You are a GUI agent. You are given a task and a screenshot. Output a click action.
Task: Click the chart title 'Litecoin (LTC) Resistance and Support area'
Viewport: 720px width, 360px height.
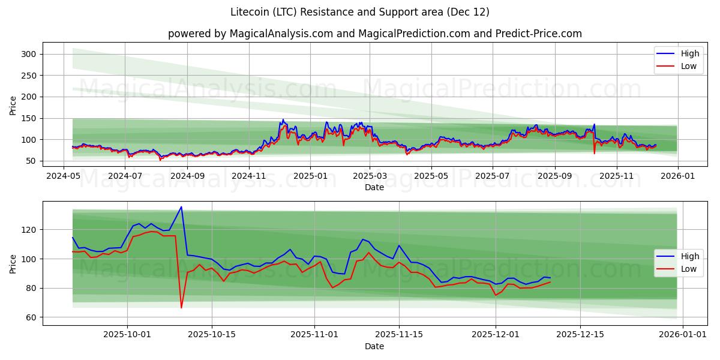pyautogui.click(x=359, y=12)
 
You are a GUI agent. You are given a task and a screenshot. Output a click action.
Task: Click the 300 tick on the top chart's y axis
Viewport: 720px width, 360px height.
pyautogui.click(x=29, y=54)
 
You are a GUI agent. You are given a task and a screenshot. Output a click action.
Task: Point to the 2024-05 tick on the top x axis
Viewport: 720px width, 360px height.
pyautogui.click(x=64, y=176)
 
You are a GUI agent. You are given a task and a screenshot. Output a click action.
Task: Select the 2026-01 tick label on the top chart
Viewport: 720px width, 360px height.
pyautogui.click(x=677, y=176)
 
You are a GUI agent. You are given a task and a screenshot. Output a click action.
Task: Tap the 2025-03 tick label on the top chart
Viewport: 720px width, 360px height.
pyautogui.click(x=370, y=176)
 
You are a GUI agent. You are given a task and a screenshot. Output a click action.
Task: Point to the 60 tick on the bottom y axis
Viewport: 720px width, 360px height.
pyautogui.click(x=31, y=317)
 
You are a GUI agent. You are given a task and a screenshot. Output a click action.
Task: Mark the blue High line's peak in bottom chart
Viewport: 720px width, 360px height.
pyautogui.click(x=181, y=207)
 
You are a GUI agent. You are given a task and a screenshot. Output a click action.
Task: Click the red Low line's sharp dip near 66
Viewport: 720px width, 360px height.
pyautogui.click(x=181, y=308)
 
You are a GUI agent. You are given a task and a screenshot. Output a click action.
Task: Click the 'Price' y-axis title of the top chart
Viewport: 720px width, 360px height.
pyautogui.click(x=13, y=106)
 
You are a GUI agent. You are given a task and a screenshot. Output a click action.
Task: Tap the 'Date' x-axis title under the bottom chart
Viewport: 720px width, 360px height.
pyautogui.click(x=374, y=346)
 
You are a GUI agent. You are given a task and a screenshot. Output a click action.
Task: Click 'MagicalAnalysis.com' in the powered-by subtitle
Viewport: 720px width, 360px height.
pyautogui.click(x=282, y=34)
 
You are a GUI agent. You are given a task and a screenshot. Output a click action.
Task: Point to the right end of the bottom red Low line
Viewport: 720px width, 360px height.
pyautogui.click(x=550, y=282)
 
